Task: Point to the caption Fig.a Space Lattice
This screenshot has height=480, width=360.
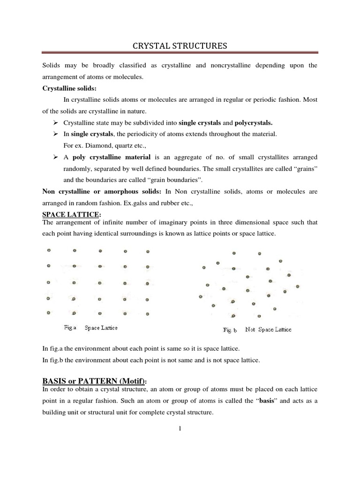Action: pos(90,328)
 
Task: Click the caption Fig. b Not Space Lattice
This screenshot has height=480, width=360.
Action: pos(257,330)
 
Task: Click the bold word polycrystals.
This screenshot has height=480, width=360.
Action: pos(253,123)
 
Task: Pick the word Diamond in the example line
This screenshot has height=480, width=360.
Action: pos(94,145)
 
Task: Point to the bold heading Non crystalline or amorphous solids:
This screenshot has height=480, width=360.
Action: pos(102,191)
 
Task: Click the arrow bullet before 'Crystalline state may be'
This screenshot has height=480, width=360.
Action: pos(55,123)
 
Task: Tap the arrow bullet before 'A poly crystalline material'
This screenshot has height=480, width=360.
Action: pos(55,157)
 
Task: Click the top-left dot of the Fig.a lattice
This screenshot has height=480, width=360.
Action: pos(49,251)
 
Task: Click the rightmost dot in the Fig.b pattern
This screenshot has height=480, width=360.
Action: pos(297,286)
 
